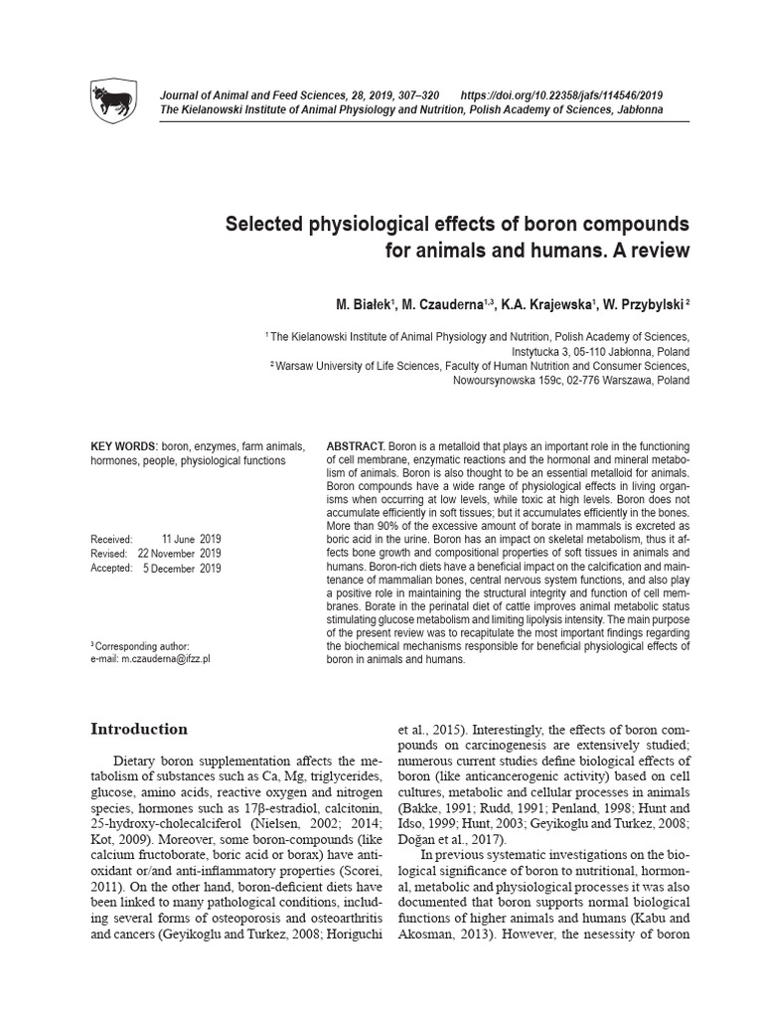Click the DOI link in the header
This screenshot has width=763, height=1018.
(x=569, y=94)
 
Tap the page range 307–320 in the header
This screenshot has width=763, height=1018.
(x=415, y=94)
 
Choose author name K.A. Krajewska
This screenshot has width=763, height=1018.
(x=543, y=301)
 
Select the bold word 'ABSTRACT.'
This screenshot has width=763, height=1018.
(x=357, y=447)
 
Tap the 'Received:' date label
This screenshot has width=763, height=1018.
(x=111, y=538)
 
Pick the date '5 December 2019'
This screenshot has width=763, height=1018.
(x=184, y=568)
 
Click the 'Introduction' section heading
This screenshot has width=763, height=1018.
(x=138, y=729)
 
